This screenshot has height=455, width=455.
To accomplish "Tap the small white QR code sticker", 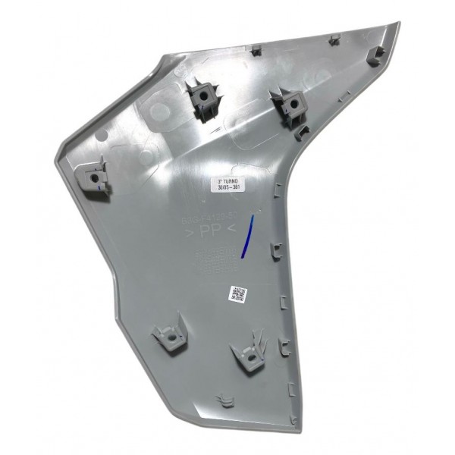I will point(237,293).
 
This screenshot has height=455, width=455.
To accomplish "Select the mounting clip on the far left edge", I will point(94,177).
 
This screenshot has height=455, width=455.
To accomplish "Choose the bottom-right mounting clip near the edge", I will point(247,354).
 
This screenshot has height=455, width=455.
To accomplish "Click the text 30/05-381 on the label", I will point(227,192).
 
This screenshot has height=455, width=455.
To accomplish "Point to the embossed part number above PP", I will point(208,218).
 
